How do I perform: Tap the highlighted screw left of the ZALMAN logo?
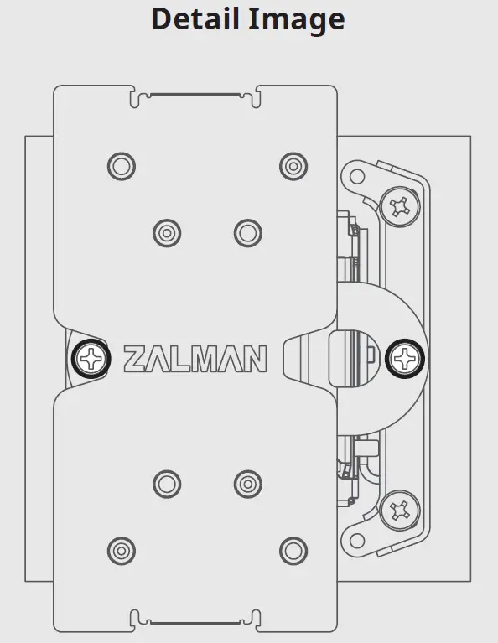(x=91, y=360)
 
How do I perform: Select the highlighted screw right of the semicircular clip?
(x=405, y=360)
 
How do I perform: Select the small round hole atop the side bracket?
(x=356, y=176)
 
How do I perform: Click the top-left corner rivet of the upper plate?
(x=122, y=165)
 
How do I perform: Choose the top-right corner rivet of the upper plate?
(x=292, y=164)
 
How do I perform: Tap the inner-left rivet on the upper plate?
(x=167, y=231)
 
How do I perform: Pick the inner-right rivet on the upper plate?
(x=246, y=231)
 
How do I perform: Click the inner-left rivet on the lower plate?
(x=167, y=483)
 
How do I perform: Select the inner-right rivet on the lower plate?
(x=246, y=483)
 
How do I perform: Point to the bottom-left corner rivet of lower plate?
(x=122, y=550)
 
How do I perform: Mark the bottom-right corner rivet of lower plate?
(x=292, y=550)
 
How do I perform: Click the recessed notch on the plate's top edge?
(x=195, y=94)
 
